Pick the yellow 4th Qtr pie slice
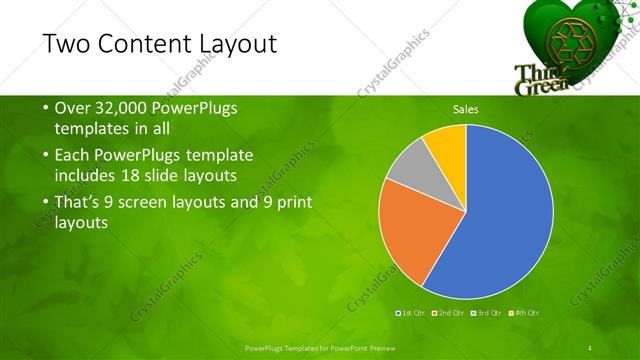coord(446,145)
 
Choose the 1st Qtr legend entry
coord(411,313)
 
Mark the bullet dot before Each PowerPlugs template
coord(45,156)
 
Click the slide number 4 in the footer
coord(590,347)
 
